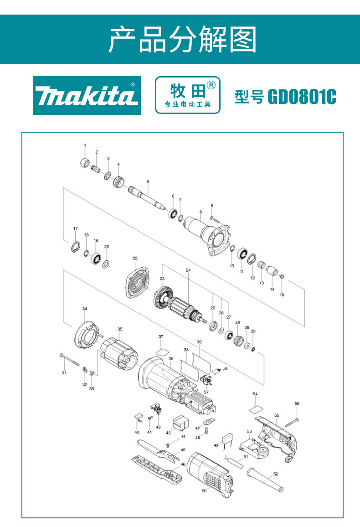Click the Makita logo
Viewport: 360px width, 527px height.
coord(87,95)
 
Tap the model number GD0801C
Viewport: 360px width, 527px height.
coord(302,97)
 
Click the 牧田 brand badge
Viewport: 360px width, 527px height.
coord(187,95)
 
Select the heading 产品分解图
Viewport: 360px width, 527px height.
coord(183,39)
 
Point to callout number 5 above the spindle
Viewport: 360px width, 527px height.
coord(148,182)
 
